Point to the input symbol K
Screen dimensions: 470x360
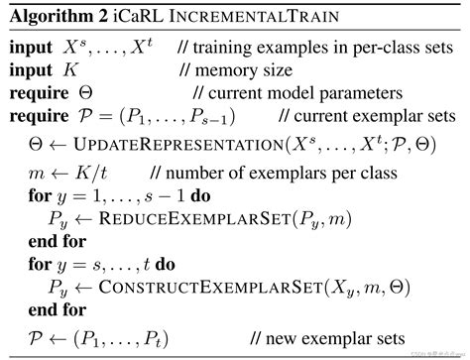70,70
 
